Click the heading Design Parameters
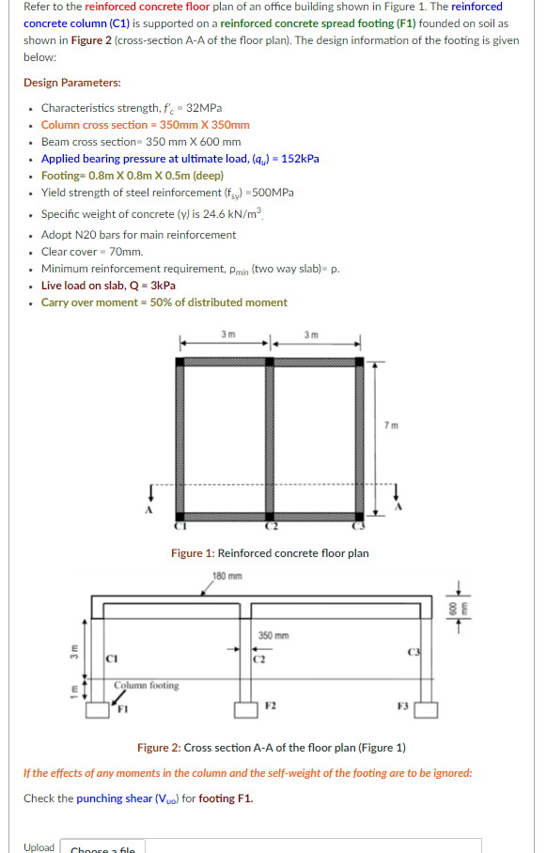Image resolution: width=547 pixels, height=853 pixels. coord(72,83)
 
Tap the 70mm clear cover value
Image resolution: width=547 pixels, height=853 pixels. coord(127,252)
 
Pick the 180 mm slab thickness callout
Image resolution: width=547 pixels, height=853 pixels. coord(227,576)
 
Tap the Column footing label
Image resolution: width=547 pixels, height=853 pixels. coord(146,685)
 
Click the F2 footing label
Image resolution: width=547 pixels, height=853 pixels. coord(272,704)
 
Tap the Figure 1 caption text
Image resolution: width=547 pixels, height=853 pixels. coord(270,553)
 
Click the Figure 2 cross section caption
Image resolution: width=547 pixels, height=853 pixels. coord(272,748)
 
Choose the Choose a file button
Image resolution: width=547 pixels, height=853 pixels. coord(102,848)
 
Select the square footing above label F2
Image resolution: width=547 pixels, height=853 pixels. coord(249,710)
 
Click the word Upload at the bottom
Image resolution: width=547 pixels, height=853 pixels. coord(39,847)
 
